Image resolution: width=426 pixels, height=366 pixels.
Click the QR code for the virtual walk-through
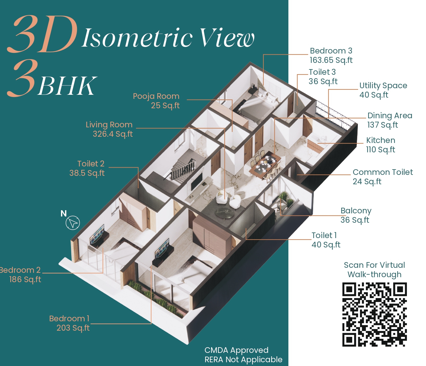tap(374, 314)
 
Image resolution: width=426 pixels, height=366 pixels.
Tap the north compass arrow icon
tap(73, 223)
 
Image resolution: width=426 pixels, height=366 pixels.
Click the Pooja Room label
tap(156, 96)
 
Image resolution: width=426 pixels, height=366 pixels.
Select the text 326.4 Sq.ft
tap(113, 134)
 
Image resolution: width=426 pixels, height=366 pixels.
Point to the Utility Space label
tap(383, 85)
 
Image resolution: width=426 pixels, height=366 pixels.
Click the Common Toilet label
tap(383, 172)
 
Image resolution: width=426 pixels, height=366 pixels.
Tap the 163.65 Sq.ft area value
tap(331, 60)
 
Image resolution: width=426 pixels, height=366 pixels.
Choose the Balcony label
tap(356, 211)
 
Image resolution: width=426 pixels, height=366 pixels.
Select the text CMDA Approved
tap(236, 350)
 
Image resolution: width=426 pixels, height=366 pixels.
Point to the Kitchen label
tap(381, 140)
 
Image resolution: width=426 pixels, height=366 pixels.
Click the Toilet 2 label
tap(91, 164)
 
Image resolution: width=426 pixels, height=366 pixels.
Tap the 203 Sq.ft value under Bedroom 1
tap(73, 328)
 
